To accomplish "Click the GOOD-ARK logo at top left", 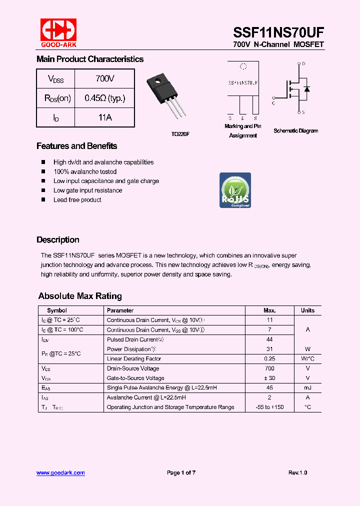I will [58, 32].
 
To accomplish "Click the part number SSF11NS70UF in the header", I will [278, 32].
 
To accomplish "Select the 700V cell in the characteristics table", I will [104, 78].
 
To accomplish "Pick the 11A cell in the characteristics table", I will [104, 117].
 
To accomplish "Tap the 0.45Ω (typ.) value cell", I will [104, 98].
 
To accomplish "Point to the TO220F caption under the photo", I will [180, 134].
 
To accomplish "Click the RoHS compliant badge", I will [235, 190].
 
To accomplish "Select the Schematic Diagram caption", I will [295, 130].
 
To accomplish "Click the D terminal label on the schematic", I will [303, 64].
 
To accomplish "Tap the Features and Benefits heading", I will [76, 146].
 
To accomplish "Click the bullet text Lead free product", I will [77, 199].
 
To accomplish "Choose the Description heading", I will [57, 239].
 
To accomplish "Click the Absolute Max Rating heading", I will [80, 296].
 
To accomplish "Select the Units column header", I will [307, 310].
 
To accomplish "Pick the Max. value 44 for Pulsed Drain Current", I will [269, 339].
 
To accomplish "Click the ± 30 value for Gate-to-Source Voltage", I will [269, 378].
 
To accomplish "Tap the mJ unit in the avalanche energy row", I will [307, 387].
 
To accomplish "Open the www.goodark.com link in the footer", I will [60, 472].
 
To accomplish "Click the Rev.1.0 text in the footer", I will [297, 472].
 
